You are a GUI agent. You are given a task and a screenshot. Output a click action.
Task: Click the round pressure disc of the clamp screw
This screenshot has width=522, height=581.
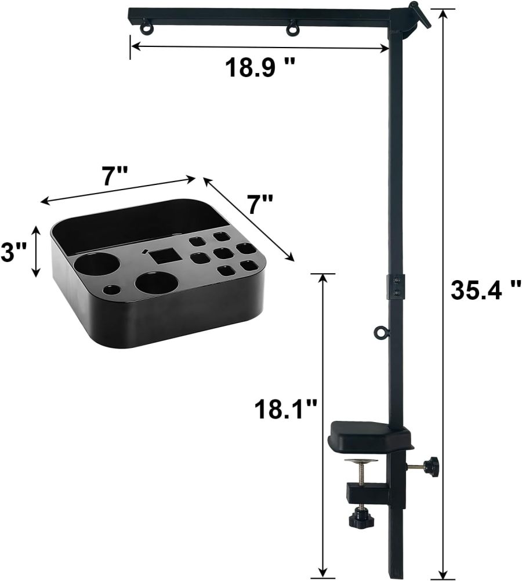360,462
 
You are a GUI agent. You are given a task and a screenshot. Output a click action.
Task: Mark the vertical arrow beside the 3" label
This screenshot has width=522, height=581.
37,252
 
